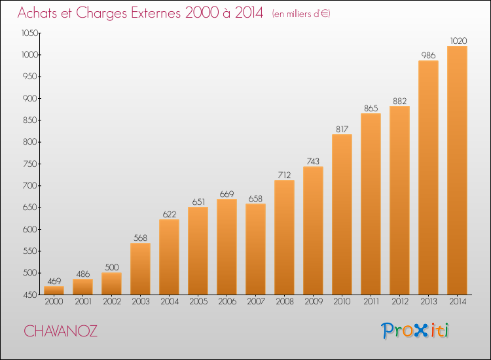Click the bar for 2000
(x=54, y=290)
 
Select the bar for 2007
(x=255, y=249)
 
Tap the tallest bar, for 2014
(x=457, y=170)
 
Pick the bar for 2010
(x=342, y=215)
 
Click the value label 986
(x=428, y=56)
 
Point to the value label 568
(x=140, y=238)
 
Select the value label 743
(x=313, y=161)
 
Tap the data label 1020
(x=458, y=41)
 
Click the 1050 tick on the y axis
(x=29, y=33)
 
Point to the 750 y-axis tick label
(x=30, y=164)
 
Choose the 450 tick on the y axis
(x=30, y=295)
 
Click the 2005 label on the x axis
(x=198, y=302)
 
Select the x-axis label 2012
(x=400, y=302)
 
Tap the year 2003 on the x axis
(x=141, y=302)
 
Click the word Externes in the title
(x=156, y=13)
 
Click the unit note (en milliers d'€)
(x=301, y=14)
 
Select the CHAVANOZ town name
(x=60, y=331)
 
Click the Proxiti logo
(x=415, y=331)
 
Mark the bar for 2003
(x=140, y=268)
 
